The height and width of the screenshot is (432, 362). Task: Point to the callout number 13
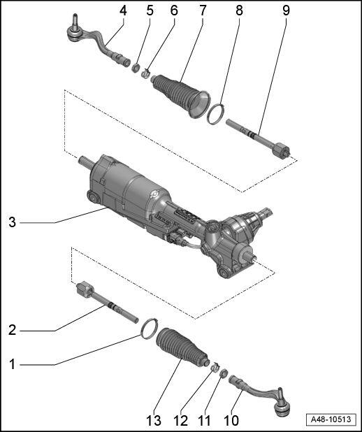pos(153,420)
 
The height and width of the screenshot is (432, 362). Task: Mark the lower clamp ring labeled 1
pos(147,327)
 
